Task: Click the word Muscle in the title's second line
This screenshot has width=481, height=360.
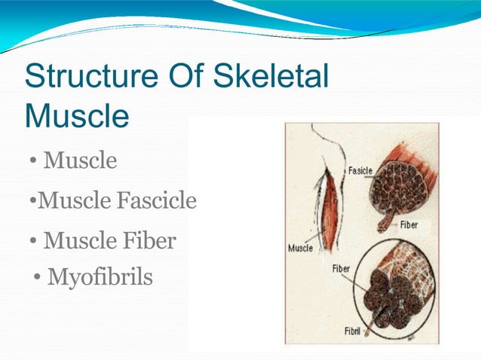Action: [x=76, y=116]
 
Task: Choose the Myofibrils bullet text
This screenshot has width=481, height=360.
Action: [x=100, y=278]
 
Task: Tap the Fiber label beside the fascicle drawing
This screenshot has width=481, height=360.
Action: [x=409, y=224]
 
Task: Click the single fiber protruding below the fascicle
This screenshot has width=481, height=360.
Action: [x=385, y=221]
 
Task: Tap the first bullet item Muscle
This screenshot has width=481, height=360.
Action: [x=80, y=160]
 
